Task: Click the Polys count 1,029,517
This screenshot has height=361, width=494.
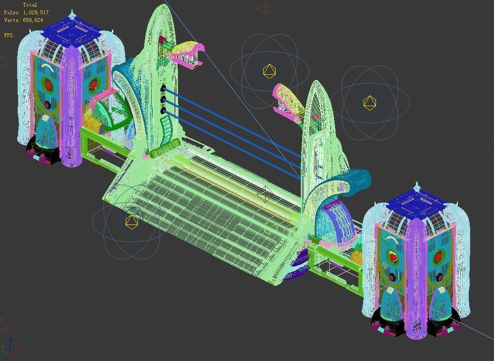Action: [x=35, y=12]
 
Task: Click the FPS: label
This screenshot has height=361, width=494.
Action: [x=10, y=35]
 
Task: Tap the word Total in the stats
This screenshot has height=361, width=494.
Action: [x=30, y=5]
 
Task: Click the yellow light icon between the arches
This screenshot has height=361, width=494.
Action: [x=269, y=71]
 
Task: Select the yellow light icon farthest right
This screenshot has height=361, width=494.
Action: [x=369, y=102]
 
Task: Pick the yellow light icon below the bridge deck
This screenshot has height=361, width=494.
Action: [x=132, y=221]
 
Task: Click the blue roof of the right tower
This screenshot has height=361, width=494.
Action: [x=417, y=204]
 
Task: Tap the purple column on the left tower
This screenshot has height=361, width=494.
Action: [x=72, y=105]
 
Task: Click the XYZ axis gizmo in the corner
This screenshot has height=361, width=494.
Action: [x=10, y=348]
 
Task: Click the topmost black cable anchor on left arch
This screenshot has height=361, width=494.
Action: [x=163, y=88]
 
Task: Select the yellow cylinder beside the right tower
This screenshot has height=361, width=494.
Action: [x=357, y=257]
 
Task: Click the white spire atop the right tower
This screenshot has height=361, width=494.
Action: [x=417, y=186]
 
